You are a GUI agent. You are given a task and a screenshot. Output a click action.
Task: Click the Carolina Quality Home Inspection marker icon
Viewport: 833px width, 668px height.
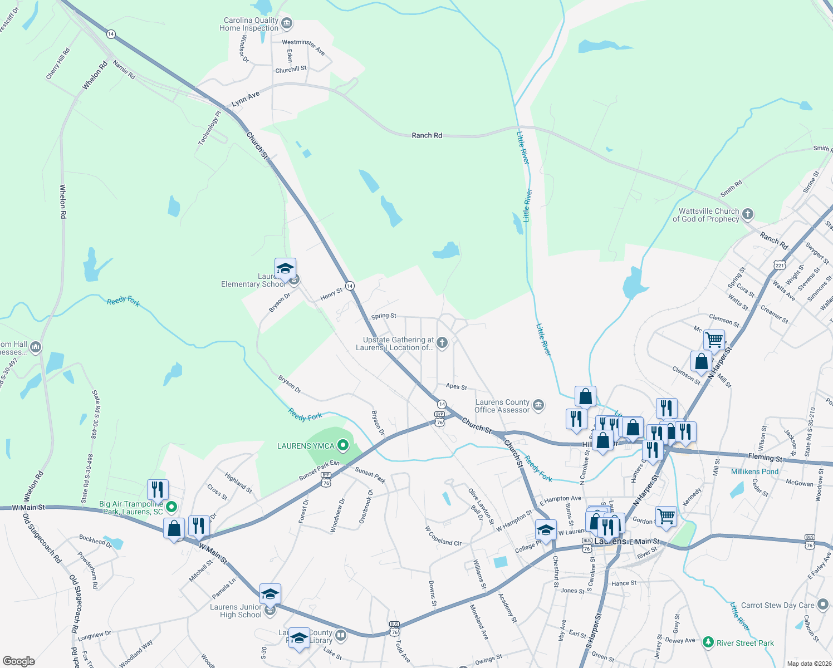[x=287, y=23]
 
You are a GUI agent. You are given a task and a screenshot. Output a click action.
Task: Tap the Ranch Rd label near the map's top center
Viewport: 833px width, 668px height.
[x=427, y=135]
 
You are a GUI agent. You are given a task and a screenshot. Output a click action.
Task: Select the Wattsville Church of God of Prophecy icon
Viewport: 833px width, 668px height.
[x=748, y=214]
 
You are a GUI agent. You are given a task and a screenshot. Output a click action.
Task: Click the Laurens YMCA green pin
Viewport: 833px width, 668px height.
[x=344, y=445]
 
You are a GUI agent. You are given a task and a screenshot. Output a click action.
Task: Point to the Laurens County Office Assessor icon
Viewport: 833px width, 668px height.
[x=538, y=405]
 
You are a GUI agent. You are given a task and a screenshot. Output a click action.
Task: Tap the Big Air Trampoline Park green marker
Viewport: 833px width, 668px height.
[x=171, y=507]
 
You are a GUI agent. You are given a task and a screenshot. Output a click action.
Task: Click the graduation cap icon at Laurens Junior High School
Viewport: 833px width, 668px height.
[x=270, y=595]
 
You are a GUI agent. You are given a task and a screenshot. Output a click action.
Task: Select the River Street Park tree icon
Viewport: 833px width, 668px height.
[x=708, y=642]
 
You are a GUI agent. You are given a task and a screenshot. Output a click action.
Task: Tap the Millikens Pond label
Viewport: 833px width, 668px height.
[x=754, y=471]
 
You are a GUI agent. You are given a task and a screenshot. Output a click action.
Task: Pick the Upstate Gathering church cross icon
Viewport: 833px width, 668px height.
[x=442, y=342]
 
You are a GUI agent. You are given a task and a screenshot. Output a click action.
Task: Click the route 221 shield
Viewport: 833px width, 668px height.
[x=780, y=265]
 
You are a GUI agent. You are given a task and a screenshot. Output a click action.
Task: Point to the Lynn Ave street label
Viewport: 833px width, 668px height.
[x=246, y=99]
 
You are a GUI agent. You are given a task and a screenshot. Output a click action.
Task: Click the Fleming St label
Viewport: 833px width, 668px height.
[x=765, y=458]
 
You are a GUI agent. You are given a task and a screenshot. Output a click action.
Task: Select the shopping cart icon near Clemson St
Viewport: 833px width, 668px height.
[x=714, y=338]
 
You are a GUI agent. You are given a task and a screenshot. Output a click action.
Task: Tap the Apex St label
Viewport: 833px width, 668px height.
[x=456, y=387]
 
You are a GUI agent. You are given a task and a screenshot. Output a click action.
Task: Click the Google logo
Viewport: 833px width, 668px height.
[x=19, y=661]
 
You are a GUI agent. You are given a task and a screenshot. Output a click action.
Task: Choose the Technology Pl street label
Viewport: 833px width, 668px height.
[x=209, y=128]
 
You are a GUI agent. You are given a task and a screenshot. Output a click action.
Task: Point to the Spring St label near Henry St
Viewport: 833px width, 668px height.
[x=384, y=316]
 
